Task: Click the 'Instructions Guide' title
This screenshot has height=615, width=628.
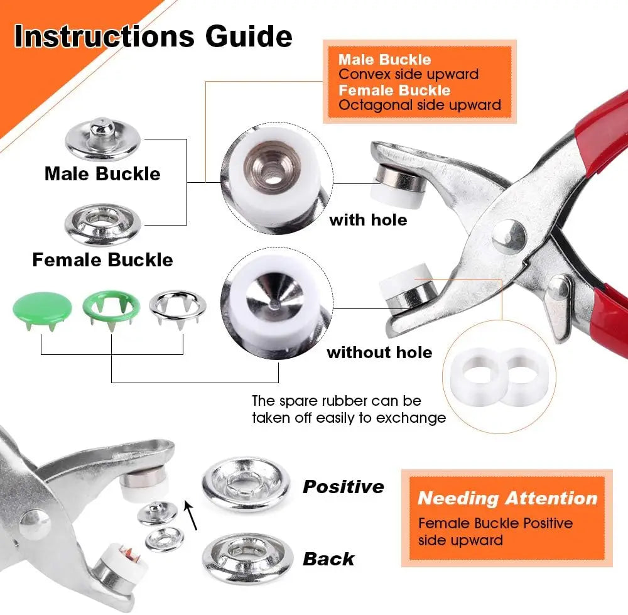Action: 153,37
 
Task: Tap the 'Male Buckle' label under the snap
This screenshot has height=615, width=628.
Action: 102,174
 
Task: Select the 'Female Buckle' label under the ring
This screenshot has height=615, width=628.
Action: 102,259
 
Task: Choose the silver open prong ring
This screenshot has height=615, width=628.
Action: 177,307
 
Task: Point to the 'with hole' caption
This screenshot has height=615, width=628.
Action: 368,220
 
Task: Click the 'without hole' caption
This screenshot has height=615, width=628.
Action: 379,352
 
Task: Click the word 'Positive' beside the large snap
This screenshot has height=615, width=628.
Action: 344,487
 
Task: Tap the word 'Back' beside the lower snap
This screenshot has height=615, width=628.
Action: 328,559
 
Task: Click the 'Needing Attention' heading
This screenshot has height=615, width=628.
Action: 507,499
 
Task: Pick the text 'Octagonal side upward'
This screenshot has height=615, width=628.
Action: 420,105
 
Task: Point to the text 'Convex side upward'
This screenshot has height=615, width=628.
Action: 408,75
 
